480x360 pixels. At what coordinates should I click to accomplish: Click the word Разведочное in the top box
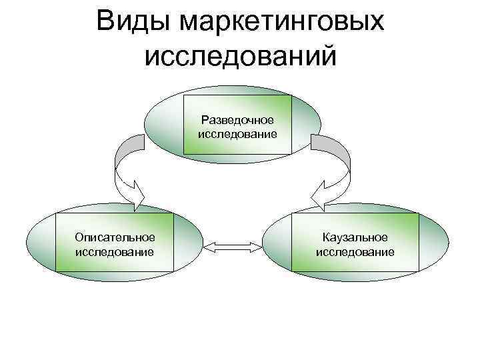point(238,120)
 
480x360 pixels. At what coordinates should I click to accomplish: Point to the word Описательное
point(115,237)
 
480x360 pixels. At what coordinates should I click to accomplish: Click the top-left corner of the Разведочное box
point(185,97)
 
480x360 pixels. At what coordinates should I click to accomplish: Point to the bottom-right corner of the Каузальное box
point(419,271)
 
